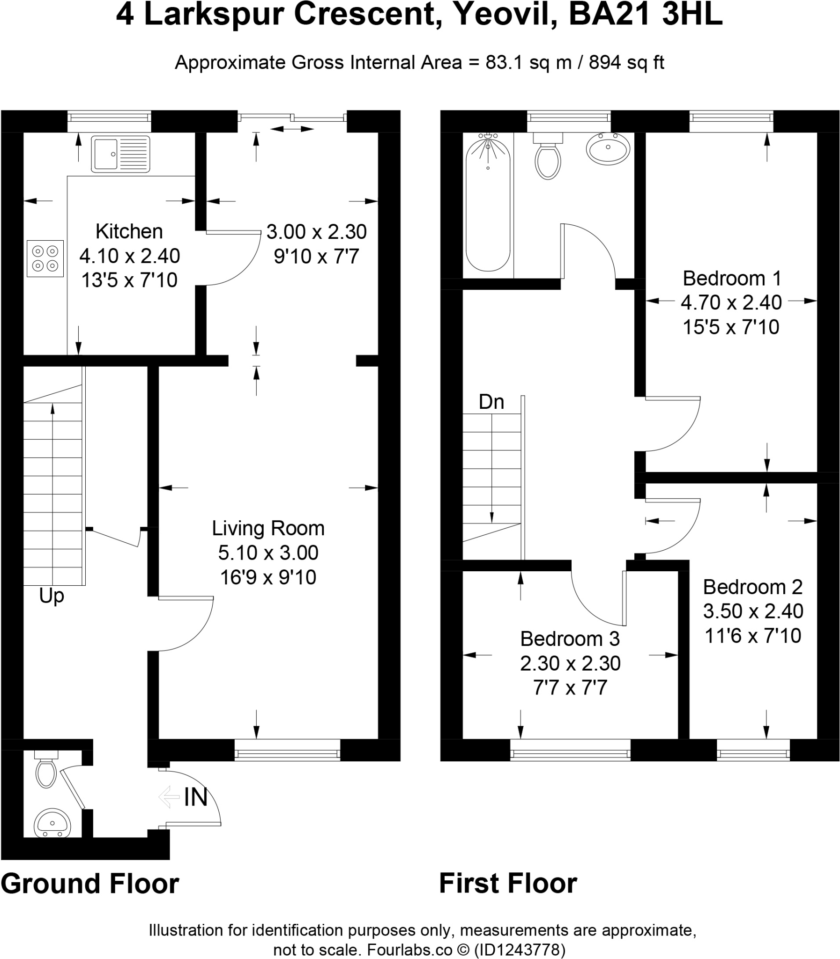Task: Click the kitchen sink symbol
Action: coord(120,154)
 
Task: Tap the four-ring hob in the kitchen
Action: coord(45,258)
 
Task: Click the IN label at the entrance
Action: coord(195,797)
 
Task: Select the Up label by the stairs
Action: coord(52,597)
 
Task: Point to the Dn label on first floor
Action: coord(491,402)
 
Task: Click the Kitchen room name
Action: coord(129,231)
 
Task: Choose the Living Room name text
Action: coord(268,529)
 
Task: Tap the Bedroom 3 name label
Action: coord(570,639)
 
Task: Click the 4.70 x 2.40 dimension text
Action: coord(731,302)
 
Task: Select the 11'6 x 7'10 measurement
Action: coord(753,636)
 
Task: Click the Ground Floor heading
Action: coord(90,884)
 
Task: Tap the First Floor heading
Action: coord(508,884)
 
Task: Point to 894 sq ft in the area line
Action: coord(626,62)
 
